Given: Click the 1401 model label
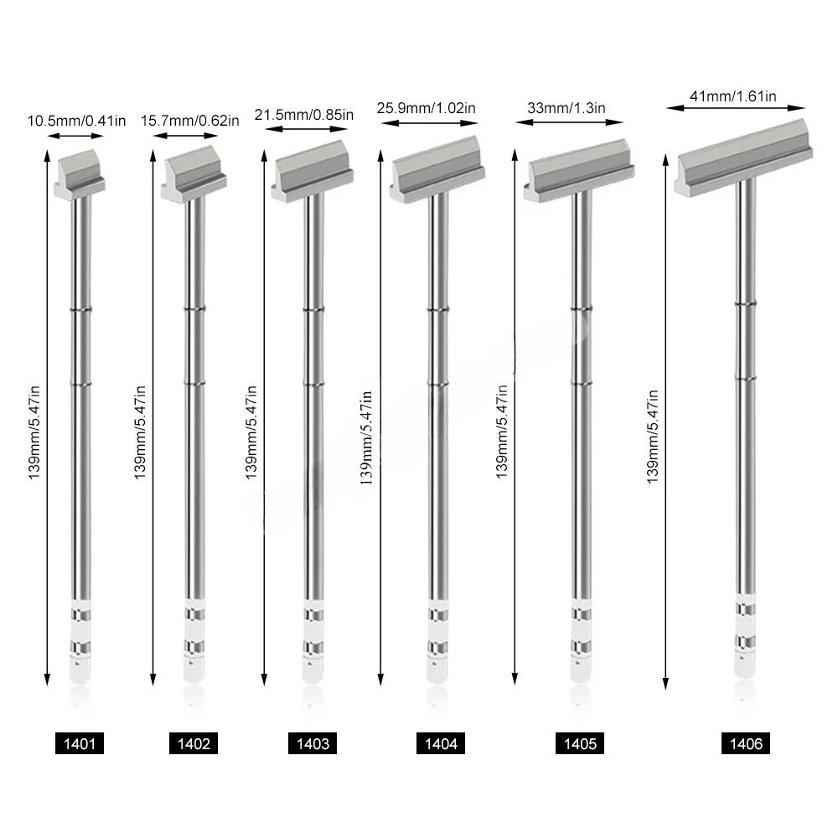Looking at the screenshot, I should (x=80, y=743).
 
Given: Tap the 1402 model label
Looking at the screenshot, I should (x=194, y=743).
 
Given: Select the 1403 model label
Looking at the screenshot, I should (x=313, y=743).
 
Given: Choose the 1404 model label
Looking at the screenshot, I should (x=441, y=743).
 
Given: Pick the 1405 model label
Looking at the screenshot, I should (x=580, y=743).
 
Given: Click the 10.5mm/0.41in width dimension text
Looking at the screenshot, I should (x=77, y=121).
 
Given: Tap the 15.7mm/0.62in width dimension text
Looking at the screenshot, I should (x=190, y=121).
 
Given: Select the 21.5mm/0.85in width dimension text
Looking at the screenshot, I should (x=303, y=115).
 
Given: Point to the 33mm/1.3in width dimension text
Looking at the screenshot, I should (x=566, y=107).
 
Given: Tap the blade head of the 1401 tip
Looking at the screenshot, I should (x=80, y=171).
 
